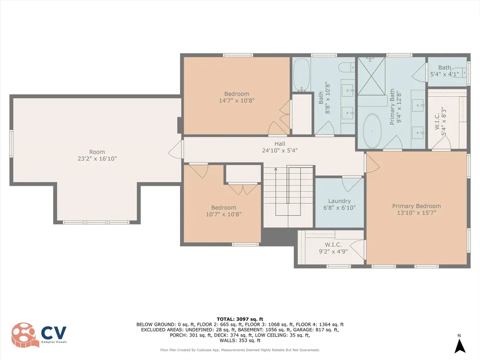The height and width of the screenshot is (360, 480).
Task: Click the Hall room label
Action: [x=280, y=144]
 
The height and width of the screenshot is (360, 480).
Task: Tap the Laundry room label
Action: [x=339, y=201]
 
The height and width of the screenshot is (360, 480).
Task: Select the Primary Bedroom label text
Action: [x=416, y=206]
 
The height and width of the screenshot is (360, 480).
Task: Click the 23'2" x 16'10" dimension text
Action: [x=97, y=159]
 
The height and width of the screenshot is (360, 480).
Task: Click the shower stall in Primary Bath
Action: [x=371, y=75]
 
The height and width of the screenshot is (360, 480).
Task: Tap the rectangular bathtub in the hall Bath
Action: [x=300, y=75]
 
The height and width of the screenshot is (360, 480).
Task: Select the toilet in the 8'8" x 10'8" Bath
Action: [x=346, y=67]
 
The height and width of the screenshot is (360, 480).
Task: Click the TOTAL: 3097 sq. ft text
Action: [x=240, y=319]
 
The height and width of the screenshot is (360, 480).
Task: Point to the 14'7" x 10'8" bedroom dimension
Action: [x=237, y=100]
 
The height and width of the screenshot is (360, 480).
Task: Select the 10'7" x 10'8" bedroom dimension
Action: [x=224, y=214]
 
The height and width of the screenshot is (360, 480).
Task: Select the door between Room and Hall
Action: [x=175, y=150]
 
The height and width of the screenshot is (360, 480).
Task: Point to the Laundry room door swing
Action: [x=352, y=183]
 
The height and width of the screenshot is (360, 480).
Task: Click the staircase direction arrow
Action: [x=276, y=170]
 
